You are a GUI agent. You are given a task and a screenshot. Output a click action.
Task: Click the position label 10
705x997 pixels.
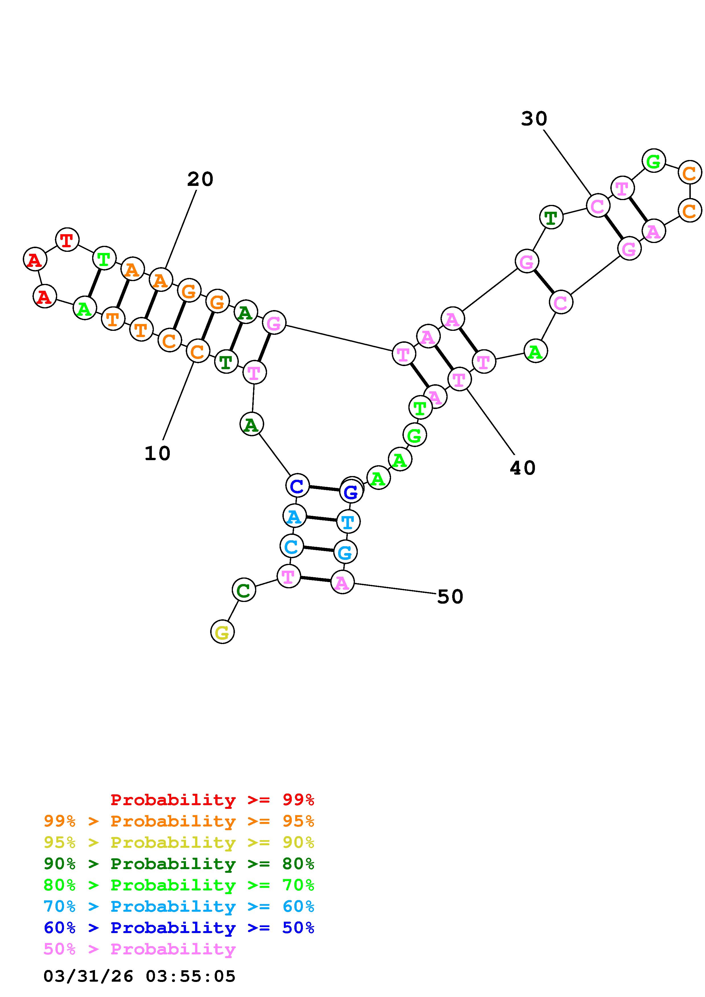[x=157, y=454]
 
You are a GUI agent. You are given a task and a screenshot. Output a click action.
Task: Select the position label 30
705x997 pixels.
[x=534, y=119]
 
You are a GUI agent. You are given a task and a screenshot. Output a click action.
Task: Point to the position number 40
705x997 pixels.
[x=522, y=468]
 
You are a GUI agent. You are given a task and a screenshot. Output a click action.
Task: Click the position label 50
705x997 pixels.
[x=450, y=597]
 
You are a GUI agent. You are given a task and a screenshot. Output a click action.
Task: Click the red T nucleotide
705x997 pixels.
[x=67, y=239]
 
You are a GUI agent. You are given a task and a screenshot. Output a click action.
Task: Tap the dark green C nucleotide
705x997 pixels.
[x=244, y=590]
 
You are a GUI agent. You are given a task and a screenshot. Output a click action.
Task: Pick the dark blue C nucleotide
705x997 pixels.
[x=297, y=485]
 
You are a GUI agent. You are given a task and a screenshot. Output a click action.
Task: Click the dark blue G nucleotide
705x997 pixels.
[x=351, y=492]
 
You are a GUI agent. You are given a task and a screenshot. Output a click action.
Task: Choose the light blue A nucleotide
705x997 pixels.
[x=294, y=516]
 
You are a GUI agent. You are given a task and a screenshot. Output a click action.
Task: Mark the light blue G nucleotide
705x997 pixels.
[x=345, y=552]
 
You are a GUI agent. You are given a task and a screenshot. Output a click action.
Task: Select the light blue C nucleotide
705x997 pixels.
[x=291, y=546]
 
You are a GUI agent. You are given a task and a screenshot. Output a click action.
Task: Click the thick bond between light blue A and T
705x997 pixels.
[x=321, y=519]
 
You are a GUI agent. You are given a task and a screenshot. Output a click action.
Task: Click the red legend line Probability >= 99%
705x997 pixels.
[x=212, y=799]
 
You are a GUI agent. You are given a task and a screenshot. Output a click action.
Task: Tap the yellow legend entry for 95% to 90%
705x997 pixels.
[x=179, y=842]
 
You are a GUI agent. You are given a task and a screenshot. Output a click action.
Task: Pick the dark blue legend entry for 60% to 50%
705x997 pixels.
[x=179, y=928]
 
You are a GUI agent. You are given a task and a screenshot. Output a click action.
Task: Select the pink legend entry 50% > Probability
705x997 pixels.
[x=139, y=949]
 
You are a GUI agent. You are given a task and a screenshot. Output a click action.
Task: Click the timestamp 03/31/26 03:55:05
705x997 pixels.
[x=139, y=976]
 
